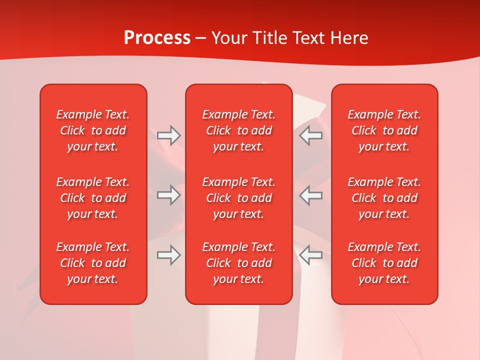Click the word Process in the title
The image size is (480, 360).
pos(157,38)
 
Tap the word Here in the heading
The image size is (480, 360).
pos(349,38)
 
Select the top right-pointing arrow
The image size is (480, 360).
pos(169,135)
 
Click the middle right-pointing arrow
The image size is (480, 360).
pos(169,195)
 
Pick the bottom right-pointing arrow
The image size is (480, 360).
pos(169,255)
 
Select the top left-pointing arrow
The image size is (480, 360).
pos(311,135)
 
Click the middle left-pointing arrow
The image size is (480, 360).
pos(311,195)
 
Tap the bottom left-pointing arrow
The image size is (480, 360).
pos(311,255)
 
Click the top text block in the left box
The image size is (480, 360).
pos(93,130)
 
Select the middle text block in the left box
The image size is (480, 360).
pos(93,198)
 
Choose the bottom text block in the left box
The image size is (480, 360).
pos(93,263)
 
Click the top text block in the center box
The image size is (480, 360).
pos(238,130)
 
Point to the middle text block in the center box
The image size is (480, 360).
pos(238,198)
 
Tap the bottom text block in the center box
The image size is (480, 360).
pos(238,263)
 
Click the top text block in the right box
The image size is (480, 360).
pos(384,130)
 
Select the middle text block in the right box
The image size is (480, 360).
pos(384,198)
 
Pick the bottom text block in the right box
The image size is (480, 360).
pos(384,263)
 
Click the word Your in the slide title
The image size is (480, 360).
pos(228,38)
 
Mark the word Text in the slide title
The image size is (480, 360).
pos(309,38)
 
